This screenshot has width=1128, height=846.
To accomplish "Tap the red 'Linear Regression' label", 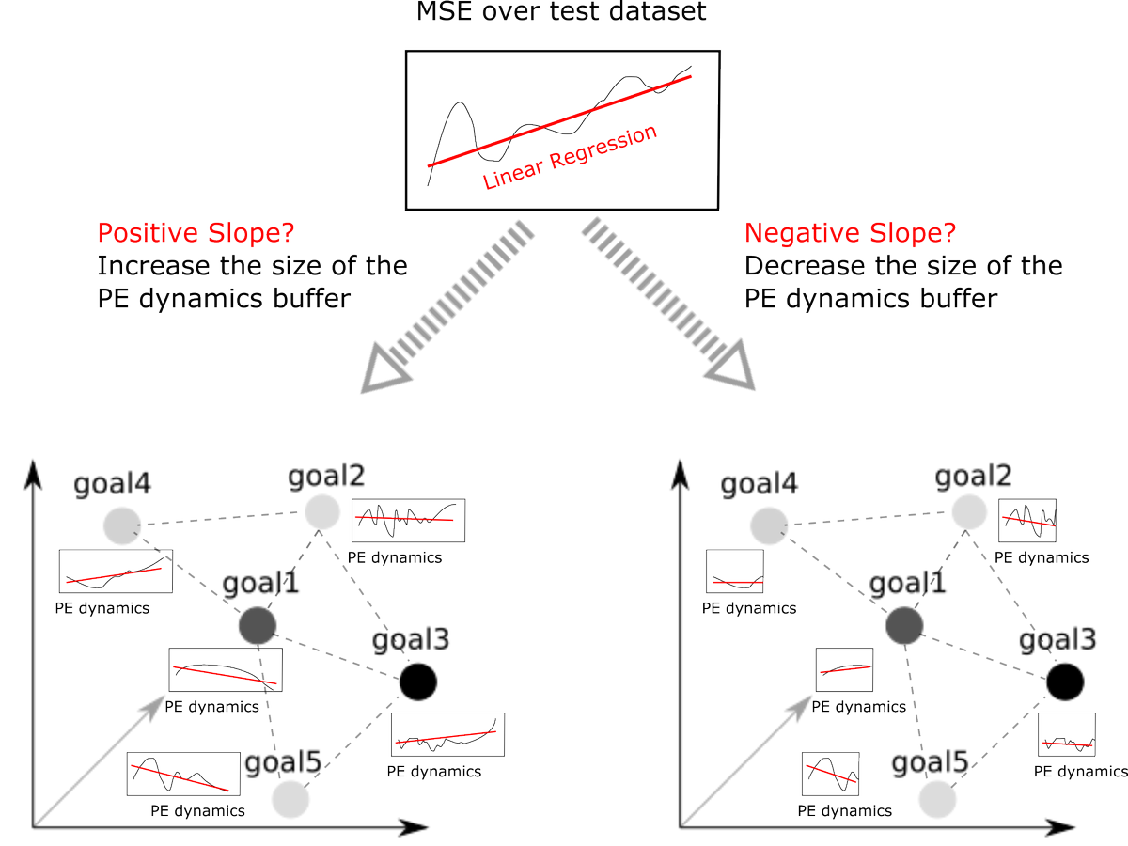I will (x=570, y=157).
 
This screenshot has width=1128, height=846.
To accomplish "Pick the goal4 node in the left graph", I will (x=121, y=525).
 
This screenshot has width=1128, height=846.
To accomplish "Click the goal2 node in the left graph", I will (x=321, y=512).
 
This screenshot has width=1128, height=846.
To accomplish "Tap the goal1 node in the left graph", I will (x=257, y=624).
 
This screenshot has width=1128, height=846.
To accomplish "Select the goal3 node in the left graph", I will (x=417, y=681).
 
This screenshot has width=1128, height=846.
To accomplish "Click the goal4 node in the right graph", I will (x=769, y=525).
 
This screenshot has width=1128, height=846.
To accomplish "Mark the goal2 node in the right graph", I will (x=969, y=512).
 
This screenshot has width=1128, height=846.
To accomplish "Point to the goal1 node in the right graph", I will (x=904, y=624).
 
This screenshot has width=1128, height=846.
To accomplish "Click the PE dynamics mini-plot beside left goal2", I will (x=410, y=520).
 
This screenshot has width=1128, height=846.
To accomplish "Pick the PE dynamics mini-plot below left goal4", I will (x=116, y=572).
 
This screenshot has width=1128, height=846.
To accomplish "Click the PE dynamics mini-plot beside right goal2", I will (x=1027, y=520).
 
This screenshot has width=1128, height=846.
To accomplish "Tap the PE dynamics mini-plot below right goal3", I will (x=1068, y=735).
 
